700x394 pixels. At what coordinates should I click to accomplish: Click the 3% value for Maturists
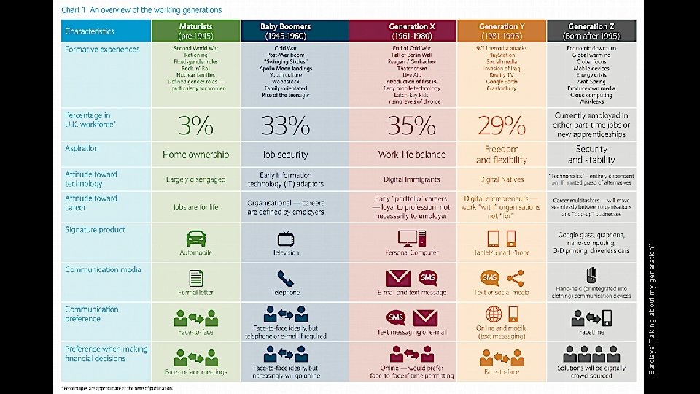(195, 126)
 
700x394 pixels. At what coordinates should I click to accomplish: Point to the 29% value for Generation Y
(502, 126)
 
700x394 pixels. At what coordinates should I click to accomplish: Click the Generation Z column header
(591, 31)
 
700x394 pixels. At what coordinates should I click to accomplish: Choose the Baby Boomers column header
(285, 31)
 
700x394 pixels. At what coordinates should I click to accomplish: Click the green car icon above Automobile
(195, 239)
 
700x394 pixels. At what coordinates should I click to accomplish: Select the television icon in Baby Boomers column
(285, 239)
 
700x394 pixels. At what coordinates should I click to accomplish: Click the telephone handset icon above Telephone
(285, 278)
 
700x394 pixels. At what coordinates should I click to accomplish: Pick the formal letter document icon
(195, 278)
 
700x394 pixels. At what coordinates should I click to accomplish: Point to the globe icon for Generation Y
(494, 314)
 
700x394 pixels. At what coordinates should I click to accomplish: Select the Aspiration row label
(82, 149)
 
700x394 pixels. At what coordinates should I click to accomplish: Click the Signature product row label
(95, 230)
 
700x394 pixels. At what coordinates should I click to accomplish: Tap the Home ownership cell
(195, 155)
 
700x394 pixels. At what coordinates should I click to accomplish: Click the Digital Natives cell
(502, 179)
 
